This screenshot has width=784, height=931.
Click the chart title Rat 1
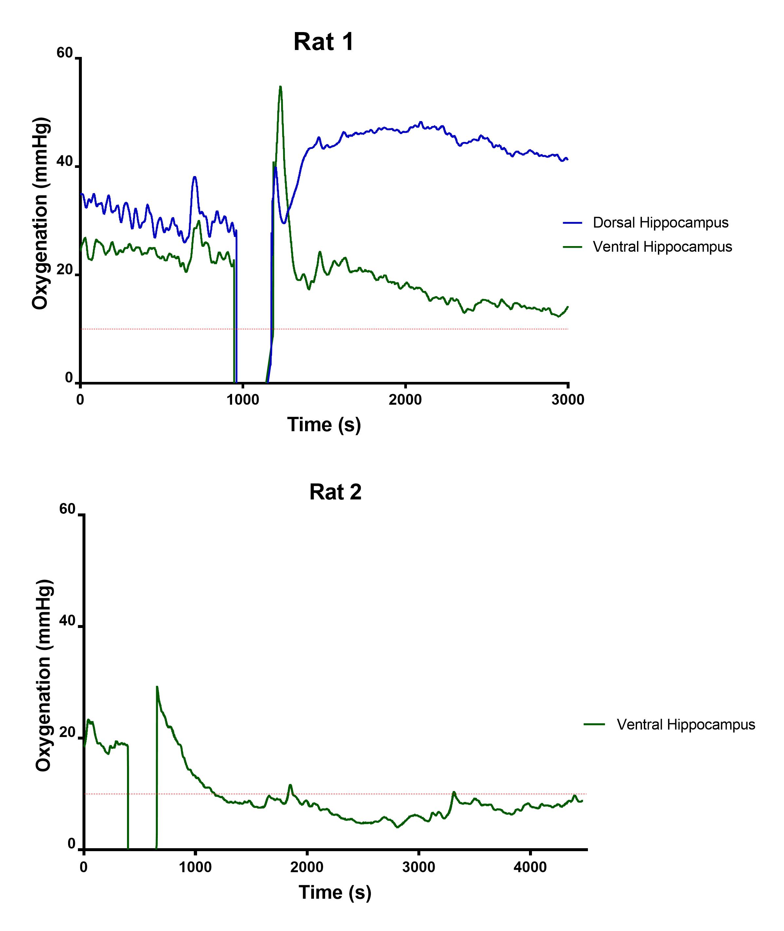tap(323, 42)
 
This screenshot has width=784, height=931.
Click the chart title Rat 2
tap(335, 492)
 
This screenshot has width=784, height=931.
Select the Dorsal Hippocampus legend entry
tap(661, 223)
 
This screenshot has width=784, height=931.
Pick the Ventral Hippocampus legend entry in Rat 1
tap(662, 247)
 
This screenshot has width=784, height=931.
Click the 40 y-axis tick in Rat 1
tap(64, 162)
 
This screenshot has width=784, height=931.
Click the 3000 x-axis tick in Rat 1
tap(568, 400)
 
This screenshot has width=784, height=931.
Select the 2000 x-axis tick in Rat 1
tap(405, 400)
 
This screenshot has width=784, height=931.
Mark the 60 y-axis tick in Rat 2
tap(67, 510)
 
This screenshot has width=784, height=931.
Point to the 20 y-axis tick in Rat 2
tap(67, 733)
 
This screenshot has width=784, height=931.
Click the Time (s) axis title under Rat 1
tap(323, 425)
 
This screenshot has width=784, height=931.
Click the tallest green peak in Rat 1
tap(280, 87)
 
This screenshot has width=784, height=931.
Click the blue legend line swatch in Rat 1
tap(573, 223)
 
